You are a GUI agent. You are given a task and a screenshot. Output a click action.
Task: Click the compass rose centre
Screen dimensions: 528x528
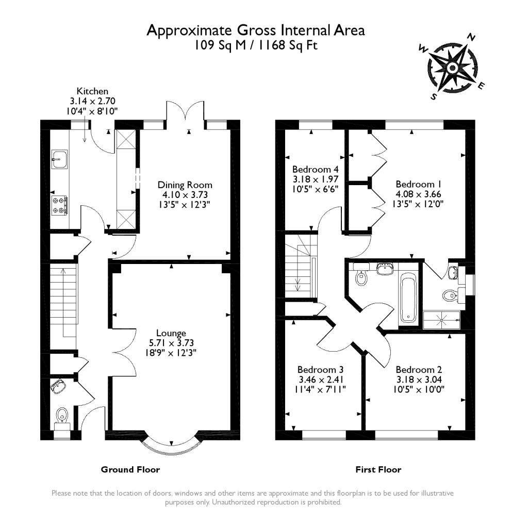click(x=452, y=68)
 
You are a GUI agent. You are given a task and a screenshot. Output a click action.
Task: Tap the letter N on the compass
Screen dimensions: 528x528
click(x=471, y=37)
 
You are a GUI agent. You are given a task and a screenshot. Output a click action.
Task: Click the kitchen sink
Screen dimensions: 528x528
click(x=59, y=159)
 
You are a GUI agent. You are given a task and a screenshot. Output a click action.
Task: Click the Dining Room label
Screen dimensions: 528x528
click(x=185, y=185)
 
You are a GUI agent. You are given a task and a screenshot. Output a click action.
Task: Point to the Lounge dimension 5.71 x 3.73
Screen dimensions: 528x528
click(x=172, y=343)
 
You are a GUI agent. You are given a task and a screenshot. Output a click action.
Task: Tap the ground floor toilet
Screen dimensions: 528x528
click(x=62, y=414)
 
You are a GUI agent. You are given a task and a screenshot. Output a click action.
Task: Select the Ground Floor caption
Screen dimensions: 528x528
click(x=130, y=470)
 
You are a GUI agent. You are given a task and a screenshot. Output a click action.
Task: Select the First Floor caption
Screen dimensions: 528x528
click(x=378, y=470)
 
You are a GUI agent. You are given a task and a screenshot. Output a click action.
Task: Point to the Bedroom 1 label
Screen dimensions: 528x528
click(x=419, y=184)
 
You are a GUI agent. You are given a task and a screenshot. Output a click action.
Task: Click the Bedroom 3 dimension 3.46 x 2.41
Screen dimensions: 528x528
click(x=321, y=379)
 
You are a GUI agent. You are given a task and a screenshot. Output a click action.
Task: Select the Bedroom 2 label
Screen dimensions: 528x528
click(x=419, y=370)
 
